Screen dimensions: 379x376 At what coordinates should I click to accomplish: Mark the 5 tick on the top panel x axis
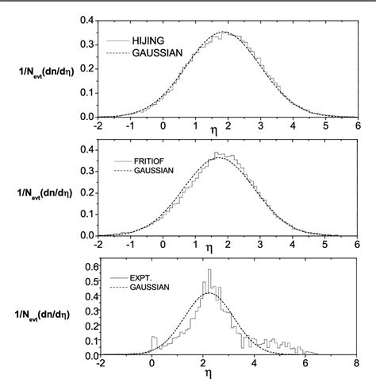click(325, 125)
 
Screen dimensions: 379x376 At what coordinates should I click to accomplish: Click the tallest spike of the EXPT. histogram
click(209, 271)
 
